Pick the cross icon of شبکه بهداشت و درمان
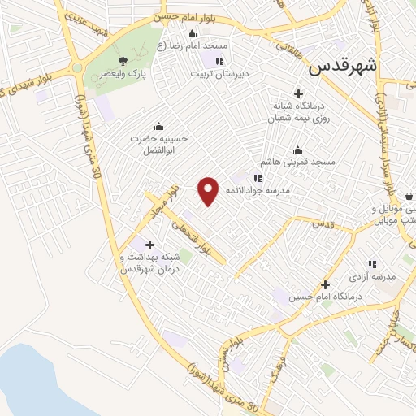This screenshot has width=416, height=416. click(149, 244)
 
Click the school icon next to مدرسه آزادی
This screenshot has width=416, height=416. click(373, 263)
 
